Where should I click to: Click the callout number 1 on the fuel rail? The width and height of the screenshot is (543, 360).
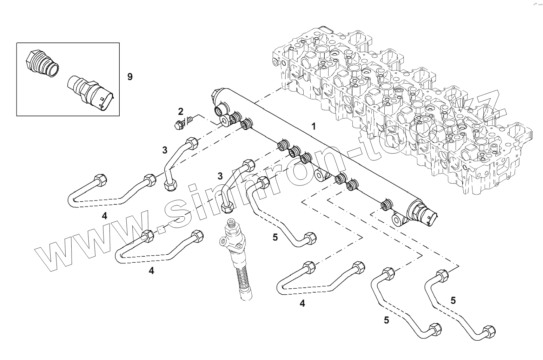[314, 126]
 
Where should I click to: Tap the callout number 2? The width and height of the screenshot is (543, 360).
[180, 112]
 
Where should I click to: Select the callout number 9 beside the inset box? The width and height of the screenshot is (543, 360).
[130, 77]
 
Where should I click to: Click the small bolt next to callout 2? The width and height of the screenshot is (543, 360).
[184, 122]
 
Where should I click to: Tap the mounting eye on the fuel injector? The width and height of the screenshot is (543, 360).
[223, 241]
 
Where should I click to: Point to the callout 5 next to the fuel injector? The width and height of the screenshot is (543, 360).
[275, 237]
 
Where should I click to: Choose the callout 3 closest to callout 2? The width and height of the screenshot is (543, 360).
[165, 150]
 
